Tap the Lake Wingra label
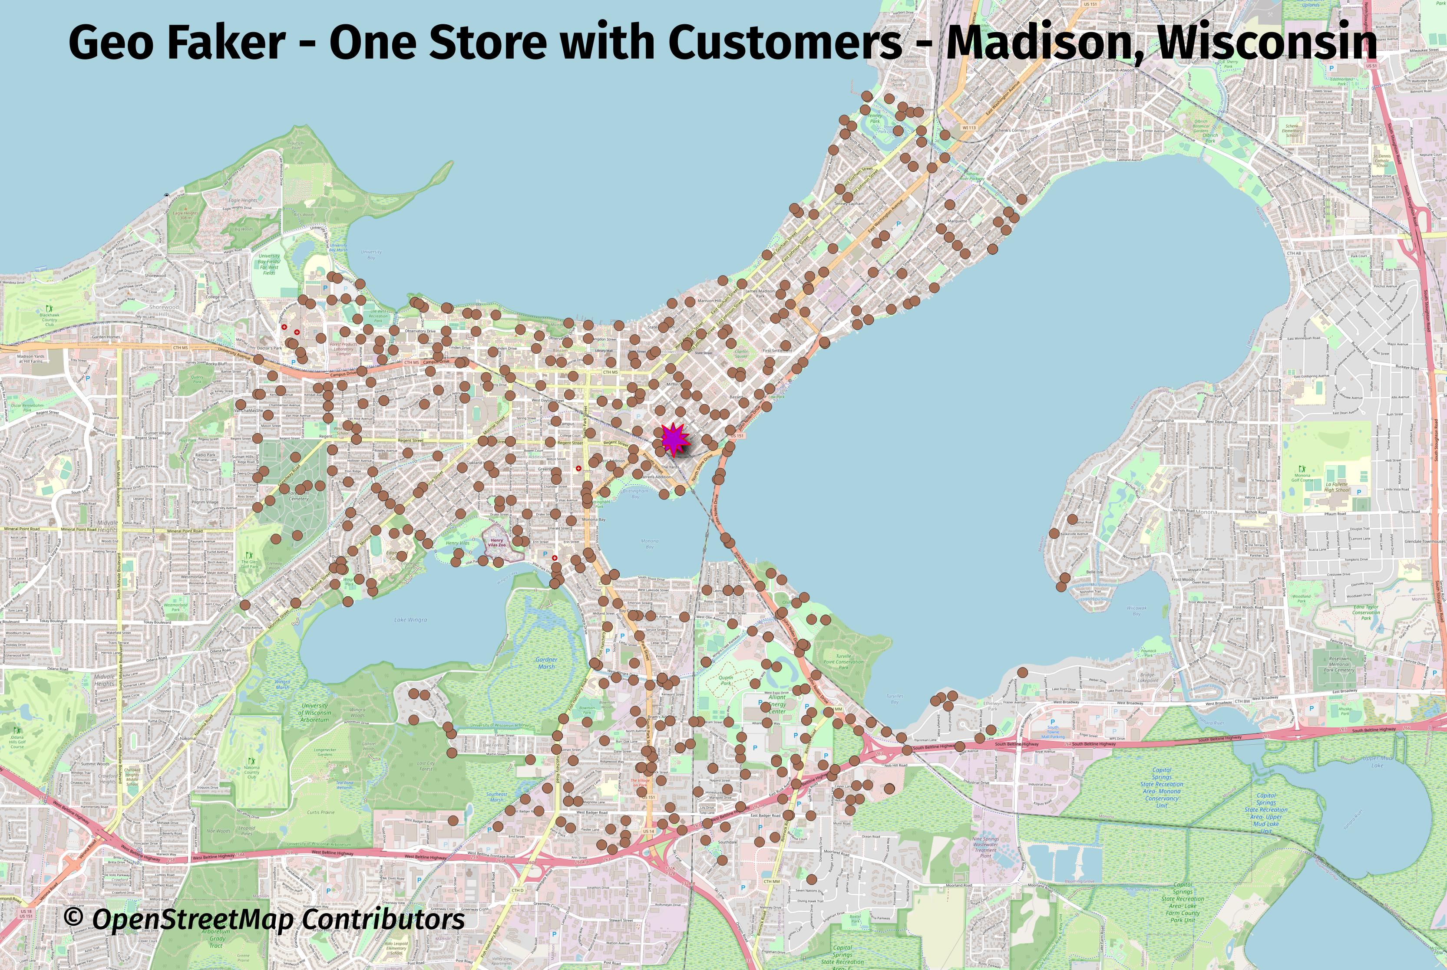[x=410, y=619]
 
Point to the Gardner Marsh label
[x=546, y=663]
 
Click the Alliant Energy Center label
[x=777, y=704]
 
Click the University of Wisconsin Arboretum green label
[x=314, y=712]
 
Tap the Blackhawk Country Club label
[x=50, y=319]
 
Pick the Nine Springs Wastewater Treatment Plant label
[x=985, y=848]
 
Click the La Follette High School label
[x=1337, y=487]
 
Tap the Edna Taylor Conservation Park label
[x=1366, y=612]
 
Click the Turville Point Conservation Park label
[x=843, y=661]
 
